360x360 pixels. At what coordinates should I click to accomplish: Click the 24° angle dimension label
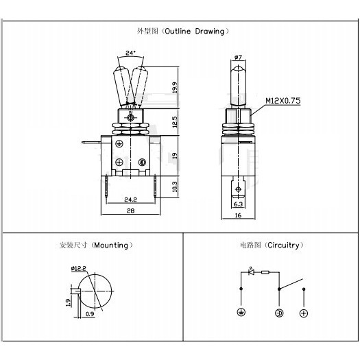coord(130,53)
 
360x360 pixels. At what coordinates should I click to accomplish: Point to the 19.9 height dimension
coord(175,88)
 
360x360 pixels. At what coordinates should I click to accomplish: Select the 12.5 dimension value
coord(175,122)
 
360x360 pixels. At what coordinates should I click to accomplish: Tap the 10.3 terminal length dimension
coord(175,187)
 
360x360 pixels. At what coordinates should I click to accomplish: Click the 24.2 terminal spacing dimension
coord(130,200)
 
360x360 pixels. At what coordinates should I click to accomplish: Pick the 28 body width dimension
coord(131,211)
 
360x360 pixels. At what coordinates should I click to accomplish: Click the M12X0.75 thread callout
coord(283,101)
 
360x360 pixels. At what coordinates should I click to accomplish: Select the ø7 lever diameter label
coord(239,57)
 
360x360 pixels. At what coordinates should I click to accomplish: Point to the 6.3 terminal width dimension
coord(238,204)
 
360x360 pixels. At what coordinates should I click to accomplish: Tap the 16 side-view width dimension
coord(239,215)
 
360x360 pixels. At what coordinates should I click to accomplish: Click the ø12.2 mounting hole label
coord(79,268)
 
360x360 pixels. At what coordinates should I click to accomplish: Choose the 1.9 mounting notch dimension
coord(68,302)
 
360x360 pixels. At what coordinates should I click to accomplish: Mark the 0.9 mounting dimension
coord(90,314)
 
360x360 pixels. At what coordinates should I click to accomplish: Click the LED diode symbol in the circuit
coord(251,272)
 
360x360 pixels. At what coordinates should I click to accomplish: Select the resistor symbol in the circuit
coord(265,272)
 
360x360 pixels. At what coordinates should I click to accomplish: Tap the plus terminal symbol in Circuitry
coord(304,313)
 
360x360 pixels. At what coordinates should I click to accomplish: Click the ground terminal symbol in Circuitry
coord(241,312)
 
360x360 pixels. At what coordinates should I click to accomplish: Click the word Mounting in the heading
coord(111,245)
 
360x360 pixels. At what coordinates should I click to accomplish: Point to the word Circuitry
coord(284,245)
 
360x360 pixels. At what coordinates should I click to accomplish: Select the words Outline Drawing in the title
coord(195,32)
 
